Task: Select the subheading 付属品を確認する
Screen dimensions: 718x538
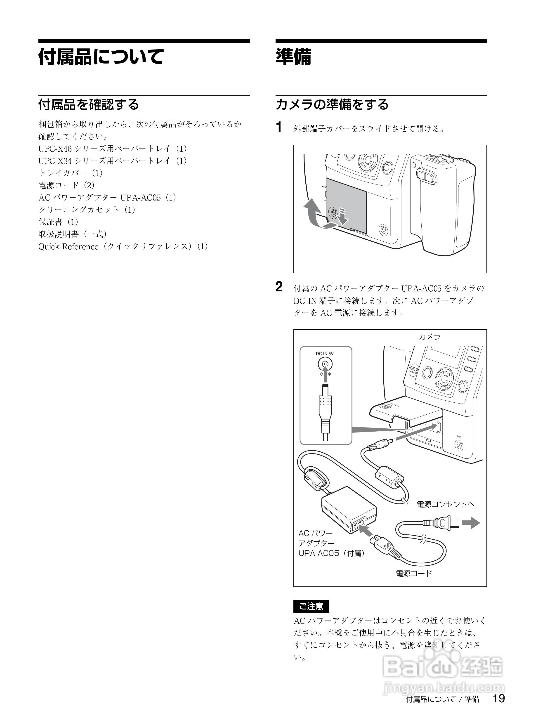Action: pyautogui.click(x=88, y=104)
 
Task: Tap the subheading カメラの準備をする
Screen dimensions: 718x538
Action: pyautogui.click(x=332, y=104)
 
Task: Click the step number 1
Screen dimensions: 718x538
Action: pyautogui.click(x=279, y=127)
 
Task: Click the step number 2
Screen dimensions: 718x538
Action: pyautogui.click(x=279, y=287)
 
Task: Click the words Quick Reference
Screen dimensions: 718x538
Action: pyautogui.click(x=68, y=247)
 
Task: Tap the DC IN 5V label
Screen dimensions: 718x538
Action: pyautogui.click(x=324, y=354)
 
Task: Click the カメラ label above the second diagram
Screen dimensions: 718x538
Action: pyautogui.click(x=429, y=337)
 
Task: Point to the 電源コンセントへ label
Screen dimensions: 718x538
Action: pyautogui.click(x=445, y=504)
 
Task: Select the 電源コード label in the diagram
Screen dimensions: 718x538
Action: pyautogui.click(x=414, y=573)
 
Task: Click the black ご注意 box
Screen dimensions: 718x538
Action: pyautogui.click(x=311, y=606)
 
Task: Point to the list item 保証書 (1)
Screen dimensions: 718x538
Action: pyautogui.click(x=58, y=222)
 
